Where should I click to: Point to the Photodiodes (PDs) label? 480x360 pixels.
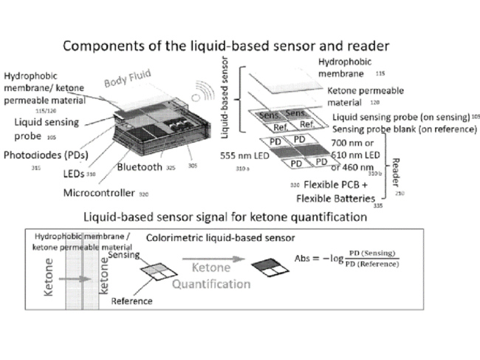pyautogui.click(x=45, y=157)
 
